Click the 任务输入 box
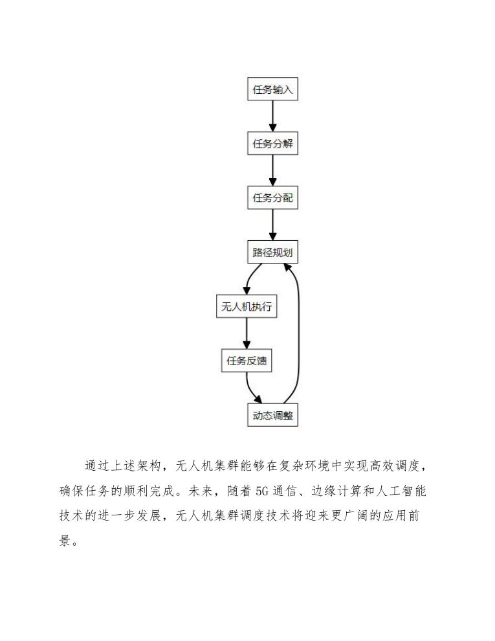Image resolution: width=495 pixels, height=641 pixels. [x=272, y=89]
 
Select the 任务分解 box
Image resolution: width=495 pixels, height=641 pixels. [x=272, y=143]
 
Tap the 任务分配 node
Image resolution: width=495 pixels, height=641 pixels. [x=272, y=197]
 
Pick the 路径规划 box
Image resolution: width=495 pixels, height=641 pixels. [x=272, y=252]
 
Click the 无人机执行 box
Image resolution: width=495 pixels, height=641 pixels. [x=246, y=307]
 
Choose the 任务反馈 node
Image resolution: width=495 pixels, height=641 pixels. [x=246, y=361]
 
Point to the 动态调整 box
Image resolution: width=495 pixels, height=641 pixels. [x=272, y=415]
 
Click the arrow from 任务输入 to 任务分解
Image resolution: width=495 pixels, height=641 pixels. [x=272, y=116]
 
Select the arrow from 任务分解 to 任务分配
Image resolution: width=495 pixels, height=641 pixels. [x=272, y=170]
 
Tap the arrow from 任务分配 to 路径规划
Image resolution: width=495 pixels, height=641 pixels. [x=272, y=225]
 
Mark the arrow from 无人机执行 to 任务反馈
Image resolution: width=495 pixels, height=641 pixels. [x=246, y=334]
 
